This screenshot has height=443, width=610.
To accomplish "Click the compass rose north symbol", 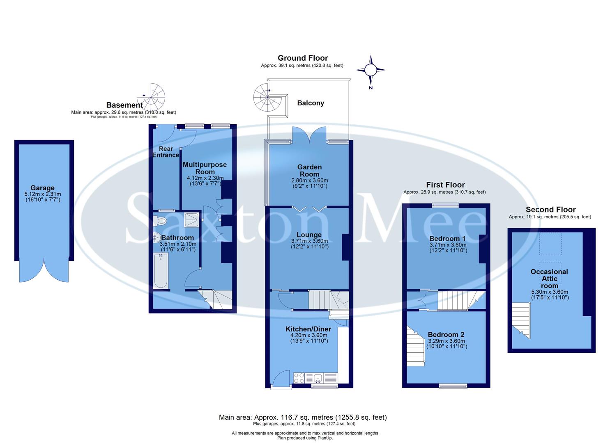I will pyautogui.click(x=371, y=70).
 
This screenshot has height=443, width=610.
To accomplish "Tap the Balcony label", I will pyautogui.click(x=311, y=103).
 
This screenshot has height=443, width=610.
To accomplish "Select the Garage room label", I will pyautogui.click(x=42, y=188).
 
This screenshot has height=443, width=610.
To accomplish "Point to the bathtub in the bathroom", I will pyautogui.click(x=161, y=271).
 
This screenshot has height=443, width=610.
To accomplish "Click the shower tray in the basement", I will pyautogui.click(x=191, y=220).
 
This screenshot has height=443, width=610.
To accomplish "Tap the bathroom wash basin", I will pyautogui.click(x=157, y=237).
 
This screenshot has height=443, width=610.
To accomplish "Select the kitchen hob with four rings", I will pyautogui.click(x=299, y=378).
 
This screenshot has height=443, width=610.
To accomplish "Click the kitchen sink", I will pyautogui.click(x=318, y=378).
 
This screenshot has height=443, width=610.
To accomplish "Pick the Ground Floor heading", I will pyautogui.click(x=303, y=58).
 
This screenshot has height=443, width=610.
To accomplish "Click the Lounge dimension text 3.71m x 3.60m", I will pyautogui.click(x=309, y=241).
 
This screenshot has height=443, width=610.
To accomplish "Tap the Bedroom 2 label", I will pyautogui.click(x=446, y=335).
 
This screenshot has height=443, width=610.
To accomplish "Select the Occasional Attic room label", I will pyautogui.click(x=549, y=279).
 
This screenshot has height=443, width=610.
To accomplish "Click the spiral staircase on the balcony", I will pyautogui.click(x=266, y=98).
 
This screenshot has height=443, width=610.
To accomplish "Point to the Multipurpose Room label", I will pyautogui.click(x=205, y=168).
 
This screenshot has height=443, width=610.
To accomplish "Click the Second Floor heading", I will pyautogui.click(x=551, y=210).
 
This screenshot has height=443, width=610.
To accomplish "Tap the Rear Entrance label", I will pyautogui.click(x=166, y=152).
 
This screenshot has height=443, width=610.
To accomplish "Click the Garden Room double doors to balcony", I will pyautogui.click(x=309, y=135).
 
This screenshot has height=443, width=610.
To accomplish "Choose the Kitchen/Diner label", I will pyautogui.click(x=308, y=329).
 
